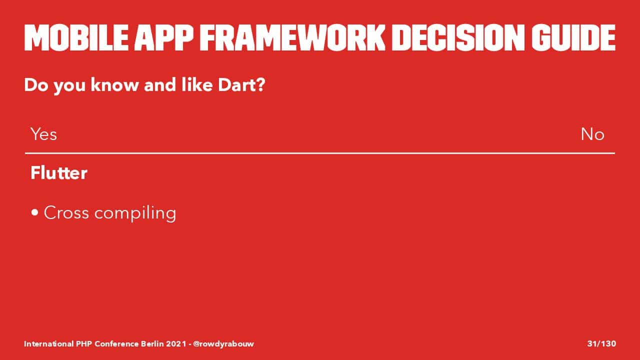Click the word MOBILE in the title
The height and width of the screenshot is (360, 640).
tap(76, 37)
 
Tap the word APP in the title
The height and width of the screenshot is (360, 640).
tap(164, 37)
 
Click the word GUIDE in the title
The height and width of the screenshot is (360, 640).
tap(573, 37)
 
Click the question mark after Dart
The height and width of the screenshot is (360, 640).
tap(259, 85)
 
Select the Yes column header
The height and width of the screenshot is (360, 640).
tap(43, 134)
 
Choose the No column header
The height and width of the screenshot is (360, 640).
tap(592, 134)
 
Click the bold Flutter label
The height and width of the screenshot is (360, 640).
tap(59, 173)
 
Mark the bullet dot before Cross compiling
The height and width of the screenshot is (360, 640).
tap(34, 212)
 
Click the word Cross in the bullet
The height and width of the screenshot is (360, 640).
tap(66, 213)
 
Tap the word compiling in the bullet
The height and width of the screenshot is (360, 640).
tap(135, 213)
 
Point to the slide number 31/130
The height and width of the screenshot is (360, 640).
tap(601, 343)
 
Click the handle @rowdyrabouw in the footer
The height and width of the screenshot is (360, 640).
tap(223, 343)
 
